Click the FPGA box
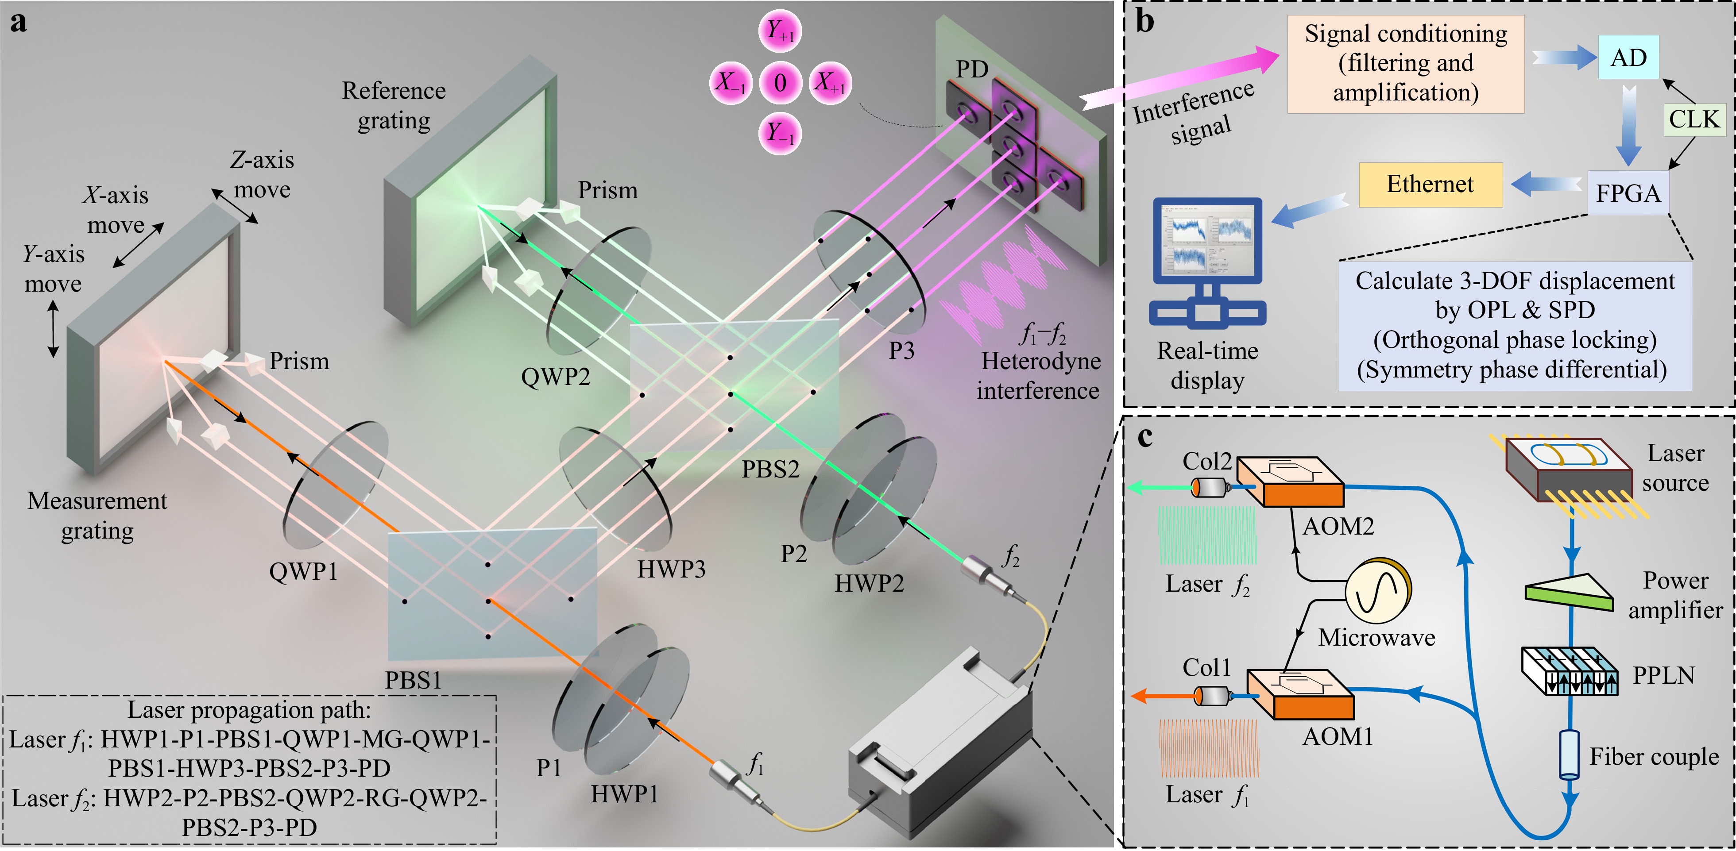pyautogui.click(x=1628, y=193)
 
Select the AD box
pyautogui.click(x=1628, y=57)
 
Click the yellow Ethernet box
pyautogui.click(x=1431, y=185)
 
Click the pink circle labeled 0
pyautogui.click(x=781, y=82)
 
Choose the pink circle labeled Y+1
pyautogui.click(x=781, y=31)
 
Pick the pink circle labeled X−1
pyautogui.click(x=731, y=82)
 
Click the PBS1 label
pyautogui.click(x=413, y=681)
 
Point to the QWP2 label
pyautogui.click(x=555, y=377)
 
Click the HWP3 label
pyautogui.click(x=671, y=570)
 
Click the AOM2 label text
pyautogui.click(x=1338, y=526)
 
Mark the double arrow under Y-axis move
pyautogui.click(x=53, y=329)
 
